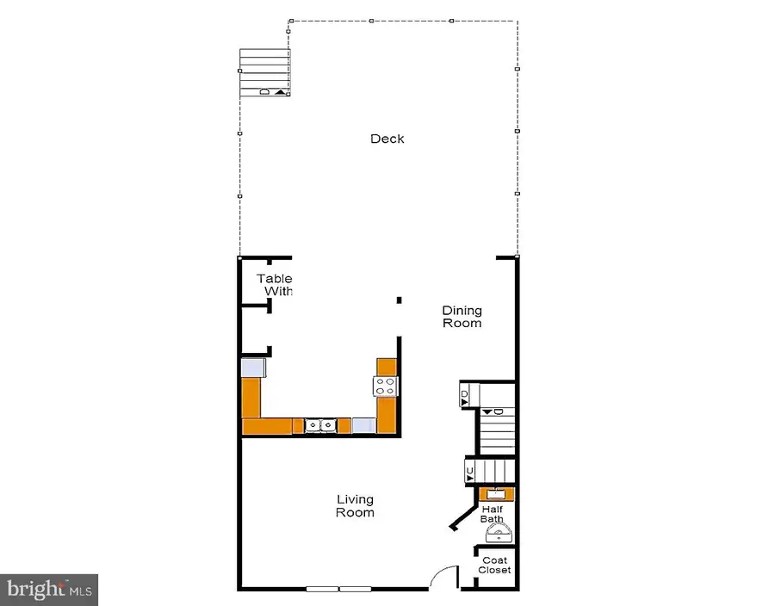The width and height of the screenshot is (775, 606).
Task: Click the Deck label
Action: [x=387, y=139]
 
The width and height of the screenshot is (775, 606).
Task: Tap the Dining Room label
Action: [x=462, y=317]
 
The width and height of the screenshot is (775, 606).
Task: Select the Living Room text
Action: [x=355, y=506]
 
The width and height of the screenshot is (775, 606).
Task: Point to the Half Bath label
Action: [x=493, y=514]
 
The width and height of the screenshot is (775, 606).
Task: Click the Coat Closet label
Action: [x=495, y=565]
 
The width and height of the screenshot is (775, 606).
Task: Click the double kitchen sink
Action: [x=319, y=425]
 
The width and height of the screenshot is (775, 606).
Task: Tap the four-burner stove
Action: [x=385, y=386]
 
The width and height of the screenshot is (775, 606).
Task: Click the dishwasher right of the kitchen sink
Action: [x=363, y=425]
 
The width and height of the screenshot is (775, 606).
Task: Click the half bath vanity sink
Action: [x=497, y=494]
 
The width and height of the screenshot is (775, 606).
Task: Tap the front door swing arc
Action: [x=444, y=575]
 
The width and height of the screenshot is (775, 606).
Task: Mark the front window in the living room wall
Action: [x=338, y=590]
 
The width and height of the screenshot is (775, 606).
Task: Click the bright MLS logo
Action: [x=49, y=590]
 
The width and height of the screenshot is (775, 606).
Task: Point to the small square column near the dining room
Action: [x=399, y=300]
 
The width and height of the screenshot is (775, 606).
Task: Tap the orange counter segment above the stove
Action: [x=386, y=366]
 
